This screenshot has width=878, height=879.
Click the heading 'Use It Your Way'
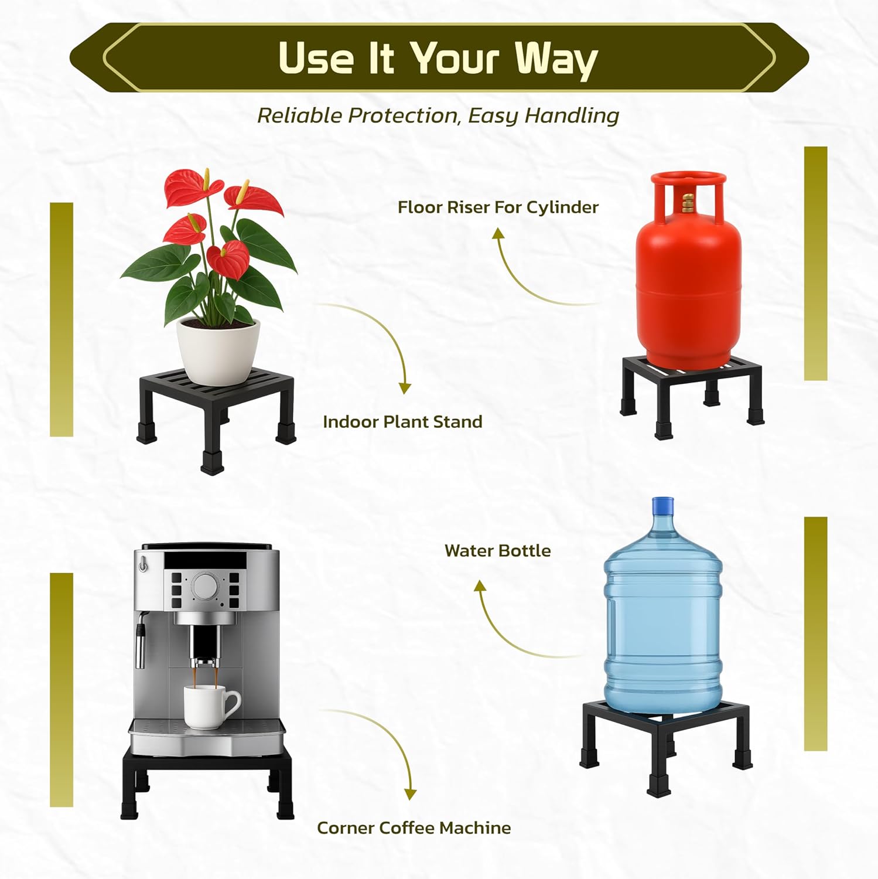(x=438, y=59)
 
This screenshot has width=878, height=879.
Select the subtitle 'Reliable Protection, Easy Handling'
(x=438, y=115)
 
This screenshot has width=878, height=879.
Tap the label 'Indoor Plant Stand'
(x=402, y=422)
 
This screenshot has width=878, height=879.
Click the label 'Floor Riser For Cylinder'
(x=498, y=207)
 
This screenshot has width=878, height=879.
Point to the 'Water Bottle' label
(x=497, y=551)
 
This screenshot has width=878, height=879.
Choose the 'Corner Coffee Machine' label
(x=414, y=828)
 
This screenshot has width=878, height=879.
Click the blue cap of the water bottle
(x=662, y=505)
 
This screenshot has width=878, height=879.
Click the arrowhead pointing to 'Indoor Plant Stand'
(x=405, y=388)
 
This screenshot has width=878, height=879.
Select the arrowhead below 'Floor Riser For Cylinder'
(x=498, y=234)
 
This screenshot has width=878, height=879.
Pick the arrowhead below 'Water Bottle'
(x=480, y=585)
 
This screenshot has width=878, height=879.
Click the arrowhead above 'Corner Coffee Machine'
(x=410, y=794)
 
